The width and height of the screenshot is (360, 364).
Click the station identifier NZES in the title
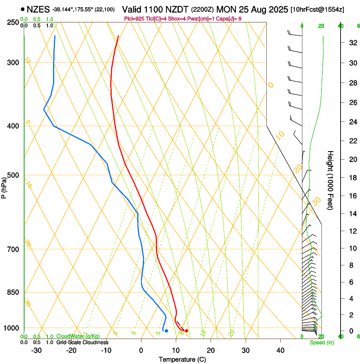[38, 9]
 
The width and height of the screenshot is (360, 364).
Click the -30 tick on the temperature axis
[36, 350]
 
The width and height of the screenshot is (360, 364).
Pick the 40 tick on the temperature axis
[280, 350]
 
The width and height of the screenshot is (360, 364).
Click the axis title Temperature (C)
[182, 359]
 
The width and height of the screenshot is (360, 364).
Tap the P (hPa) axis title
[4, 186]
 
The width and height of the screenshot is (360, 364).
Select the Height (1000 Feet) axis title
[330, 180]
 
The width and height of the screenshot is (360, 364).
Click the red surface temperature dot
[186, 331]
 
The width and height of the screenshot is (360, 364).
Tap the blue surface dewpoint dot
[166, 331]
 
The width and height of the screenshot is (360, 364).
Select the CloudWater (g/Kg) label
[78, 336]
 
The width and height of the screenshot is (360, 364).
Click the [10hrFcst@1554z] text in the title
[324, 9]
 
